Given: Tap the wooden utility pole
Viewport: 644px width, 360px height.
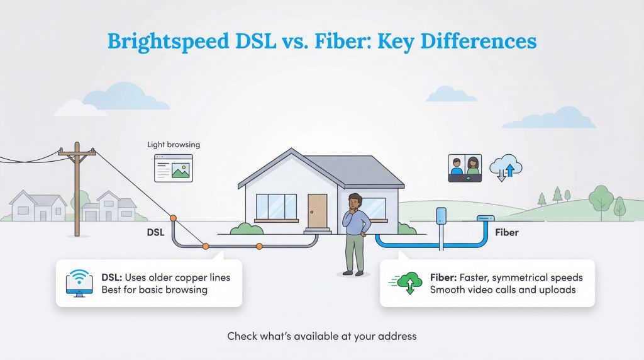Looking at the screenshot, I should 77,189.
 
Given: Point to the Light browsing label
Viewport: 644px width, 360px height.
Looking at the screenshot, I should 174,144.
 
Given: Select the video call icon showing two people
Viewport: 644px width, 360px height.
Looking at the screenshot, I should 465,168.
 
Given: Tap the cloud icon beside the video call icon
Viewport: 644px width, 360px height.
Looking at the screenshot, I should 506,167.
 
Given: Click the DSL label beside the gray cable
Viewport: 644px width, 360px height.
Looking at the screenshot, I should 155,232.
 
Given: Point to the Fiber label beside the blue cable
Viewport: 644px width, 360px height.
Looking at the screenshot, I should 506,232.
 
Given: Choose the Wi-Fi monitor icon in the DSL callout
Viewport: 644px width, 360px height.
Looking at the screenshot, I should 80,283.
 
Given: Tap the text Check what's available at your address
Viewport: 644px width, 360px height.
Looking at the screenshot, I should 322,336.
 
